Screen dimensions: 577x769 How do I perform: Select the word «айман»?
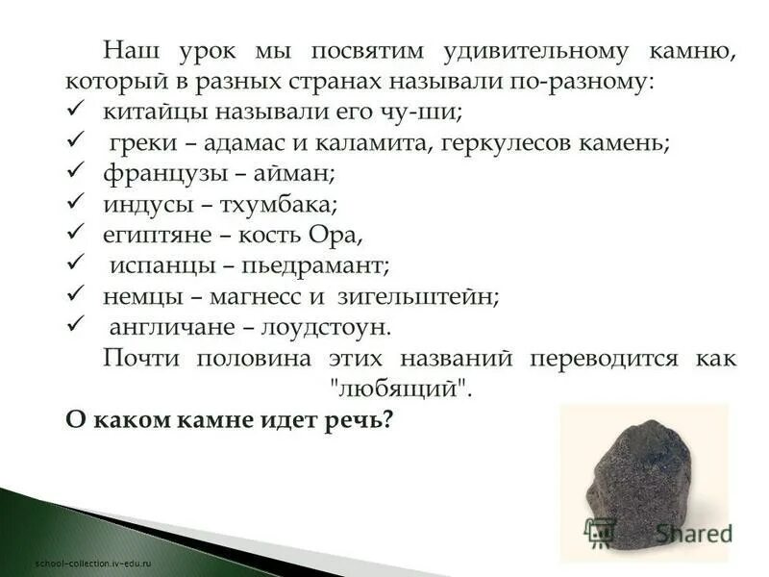tap(299, 175)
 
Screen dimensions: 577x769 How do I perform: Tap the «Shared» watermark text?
tap(694, 532)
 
